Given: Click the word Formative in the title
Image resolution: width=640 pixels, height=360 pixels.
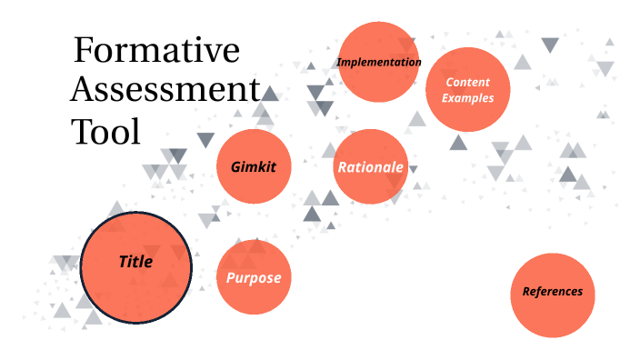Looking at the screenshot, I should point(156,50).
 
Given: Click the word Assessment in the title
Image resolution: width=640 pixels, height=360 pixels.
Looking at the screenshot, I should point(165,91).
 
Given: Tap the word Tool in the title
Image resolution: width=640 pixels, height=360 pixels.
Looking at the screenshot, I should point(106,133).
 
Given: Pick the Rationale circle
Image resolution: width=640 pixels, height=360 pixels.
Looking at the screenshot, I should point(370,167).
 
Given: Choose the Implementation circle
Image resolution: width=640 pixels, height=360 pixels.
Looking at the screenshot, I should point(379,62).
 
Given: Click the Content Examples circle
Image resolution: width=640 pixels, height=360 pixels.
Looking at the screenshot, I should point(467,90).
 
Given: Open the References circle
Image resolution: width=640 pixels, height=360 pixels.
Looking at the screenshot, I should point(552,293).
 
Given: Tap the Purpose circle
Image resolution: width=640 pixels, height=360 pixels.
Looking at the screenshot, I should point(254,277).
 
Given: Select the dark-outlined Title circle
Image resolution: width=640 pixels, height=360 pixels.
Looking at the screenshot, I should point(135,266).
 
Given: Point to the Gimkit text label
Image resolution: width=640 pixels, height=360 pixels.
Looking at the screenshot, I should point(254,168).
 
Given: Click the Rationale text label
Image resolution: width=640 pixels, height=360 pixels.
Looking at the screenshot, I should point(370,167).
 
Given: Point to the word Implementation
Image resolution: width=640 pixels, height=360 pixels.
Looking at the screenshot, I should point(379,63).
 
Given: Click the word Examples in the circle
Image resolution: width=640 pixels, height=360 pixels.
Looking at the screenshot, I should point(468,98).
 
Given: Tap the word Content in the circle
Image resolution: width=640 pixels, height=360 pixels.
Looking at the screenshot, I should point(468,83).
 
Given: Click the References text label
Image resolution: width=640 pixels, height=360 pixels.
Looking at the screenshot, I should point(552,293).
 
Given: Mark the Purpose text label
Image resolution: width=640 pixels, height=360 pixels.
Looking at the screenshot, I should point(254,278).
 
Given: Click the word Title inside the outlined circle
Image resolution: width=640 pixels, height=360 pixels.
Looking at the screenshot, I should point(135,263).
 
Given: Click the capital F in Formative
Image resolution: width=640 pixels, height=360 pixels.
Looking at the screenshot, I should point(84,50).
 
